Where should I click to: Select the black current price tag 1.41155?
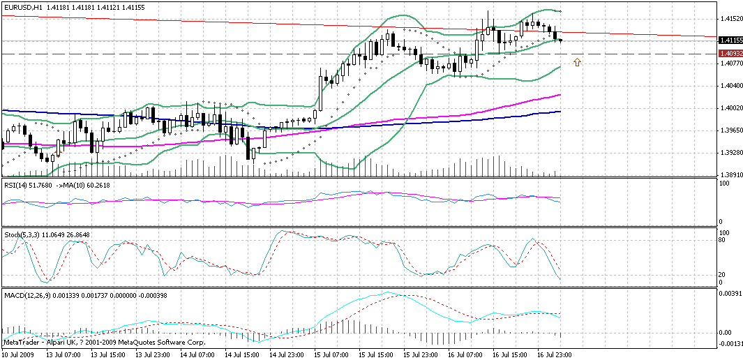click(x=730, y=40)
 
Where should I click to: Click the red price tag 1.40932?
click(x=730, y=53)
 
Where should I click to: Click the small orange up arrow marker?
click(x=577, y=63)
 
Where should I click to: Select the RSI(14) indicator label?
click(x=17, y=184)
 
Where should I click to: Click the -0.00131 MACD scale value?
click(x=730, y=344)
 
